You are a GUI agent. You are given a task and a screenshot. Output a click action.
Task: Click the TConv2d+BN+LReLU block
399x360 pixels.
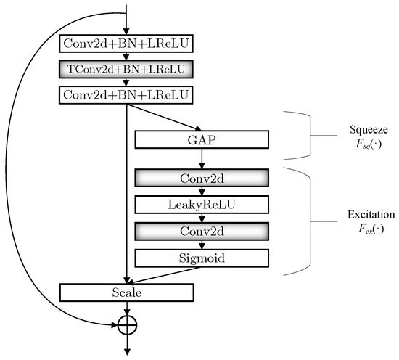[x=127, y=70]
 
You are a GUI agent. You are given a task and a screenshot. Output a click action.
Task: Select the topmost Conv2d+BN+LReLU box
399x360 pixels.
[x=127, y=45]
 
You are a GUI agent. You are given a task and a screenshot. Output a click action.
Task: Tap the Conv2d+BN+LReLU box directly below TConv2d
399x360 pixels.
[x=127, y=94]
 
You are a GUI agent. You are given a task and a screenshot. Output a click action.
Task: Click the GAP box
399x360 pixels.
[x=202, y=140]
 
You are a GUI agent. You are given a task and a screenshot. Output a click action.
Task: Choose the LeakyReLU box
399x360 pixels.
[x=202, y=205]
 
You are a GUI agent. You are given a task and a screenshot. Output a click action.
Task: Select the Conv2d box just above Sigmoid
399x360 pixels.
[x=202, y=232]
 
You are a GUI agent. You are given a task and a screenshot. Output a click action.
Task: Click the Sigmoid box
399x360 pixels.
[x=202, y=258]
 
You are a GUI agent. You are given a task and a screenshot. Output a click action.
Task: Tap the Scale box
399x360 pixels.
[x=127, y=292]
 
